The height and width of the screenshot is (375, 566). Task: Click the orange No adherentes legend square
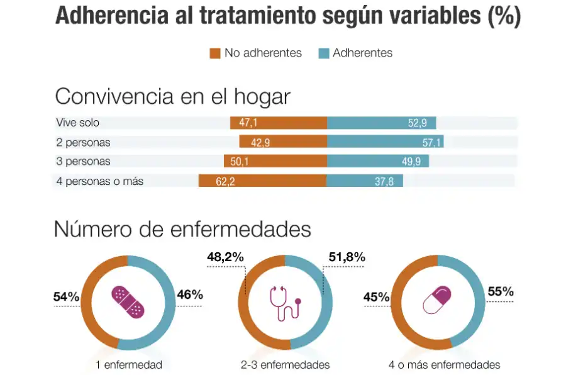215,53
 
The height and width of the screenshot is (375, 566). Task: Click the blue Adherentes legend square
324,53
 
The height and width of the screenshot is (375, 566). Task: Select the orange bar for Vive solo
279,123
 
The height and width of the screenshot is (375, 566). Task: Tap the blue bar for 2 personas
385,142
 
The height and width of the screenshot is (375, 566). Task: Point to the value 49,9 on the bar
412,162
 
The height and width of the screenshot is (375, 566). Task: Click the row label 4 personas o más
100,181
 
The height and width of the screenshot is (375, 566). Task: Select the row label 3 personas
83,162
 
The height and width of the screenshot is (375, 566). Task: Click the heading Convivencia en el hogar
173,97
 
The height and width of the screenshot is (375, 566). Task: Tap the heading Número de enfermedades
182,229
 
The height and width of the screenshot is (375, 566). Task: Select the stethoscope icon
285,302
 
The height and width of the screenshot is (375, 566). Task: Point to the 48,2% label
225,257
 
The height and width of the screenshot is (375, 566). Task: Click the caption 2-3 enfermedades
285,365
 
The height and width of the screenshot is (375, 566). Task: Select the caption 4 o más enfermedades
445,365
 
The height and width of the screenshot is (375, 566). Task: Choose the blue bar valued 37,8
365,182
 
